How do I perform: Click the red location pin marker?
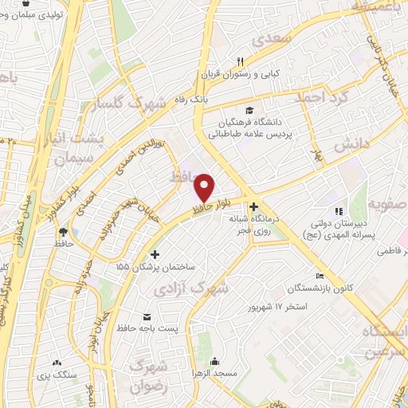tap(205, 187)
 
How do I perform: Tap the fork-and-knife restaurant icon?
tap(238, 61)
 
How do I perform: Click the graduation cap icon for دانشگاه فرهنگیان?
tap(249, 110)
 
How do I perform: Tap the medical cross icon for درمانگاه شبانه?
tap(253, 206)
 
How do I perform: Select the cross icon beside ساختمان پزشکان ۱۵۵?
tap(155, 254)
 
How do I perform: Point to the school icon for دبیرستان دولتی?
tap(339, 211)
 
